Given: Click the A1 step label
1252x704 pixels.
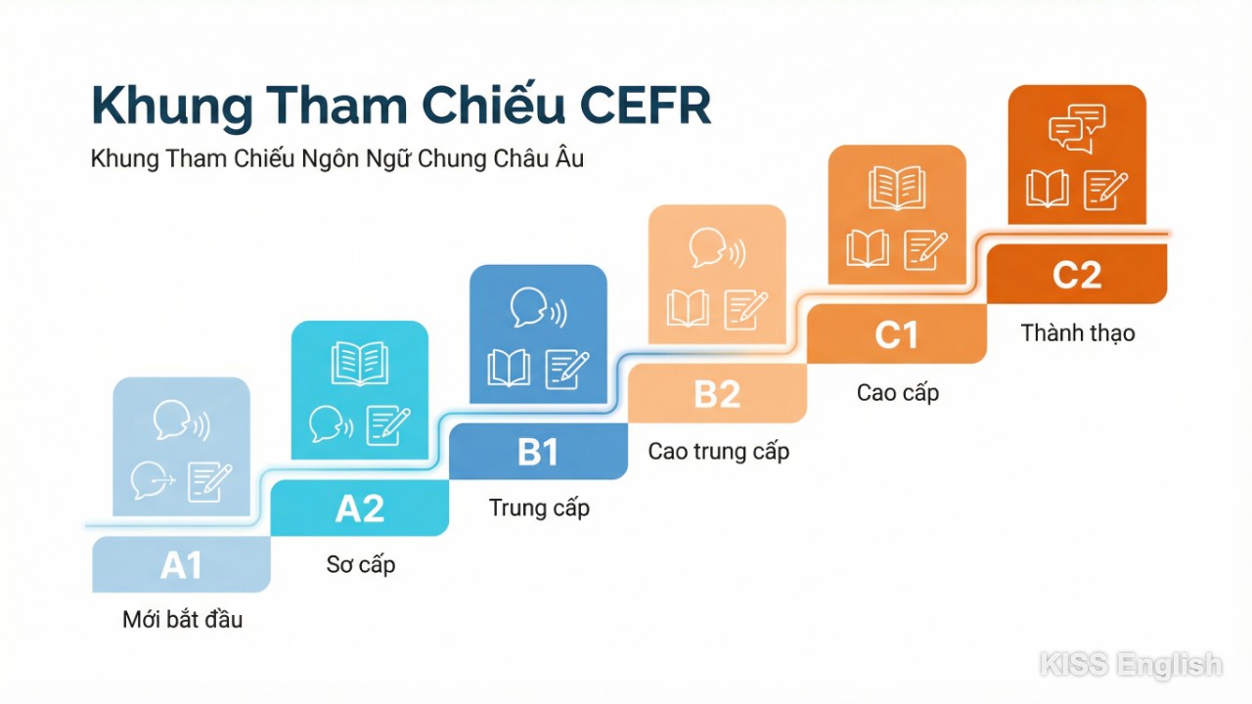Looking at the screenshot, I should point(181,565).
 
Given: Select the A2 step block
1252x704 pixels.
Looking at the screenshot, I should point(360,508).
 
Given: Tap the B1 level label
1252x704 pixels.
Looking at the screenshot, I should point(538,452).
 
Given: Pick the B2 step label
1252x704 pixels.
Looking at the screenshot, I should point(717,394).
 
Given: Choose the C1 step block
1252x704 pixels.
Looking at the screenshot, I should point(896,335).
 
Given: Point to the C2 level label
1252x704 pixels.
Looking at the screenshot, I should point(1077,275).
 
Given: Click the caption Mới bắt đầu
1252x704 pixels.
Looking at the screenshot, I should point(182,620).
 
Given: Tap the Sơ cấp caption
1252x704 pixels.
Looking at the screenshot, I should point(360,565).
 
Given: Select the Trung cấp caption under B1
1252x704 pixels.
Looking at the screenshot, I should point(539,508).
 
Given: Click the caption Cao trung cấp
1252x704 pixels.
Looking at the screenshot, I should point(718,452).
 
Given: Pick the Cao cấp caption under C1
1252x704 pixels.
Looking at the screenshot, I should point(897,393).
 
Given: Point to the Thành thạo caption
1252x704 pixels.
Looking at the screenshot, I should point(1077,333).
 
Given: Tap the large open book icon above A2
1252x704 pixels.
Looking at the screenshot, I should point(360,364).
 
